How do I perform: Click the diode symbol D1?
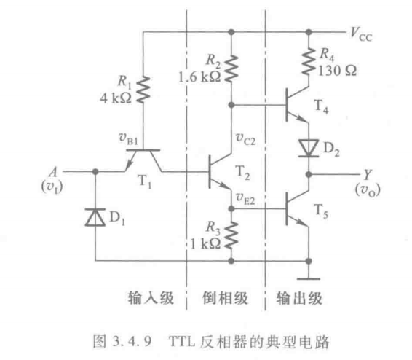click(x=95, y=217)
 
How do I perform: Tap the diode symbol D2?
click(x=309, y=149)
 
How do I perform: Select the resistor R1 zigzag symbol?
click(x=143, y=90)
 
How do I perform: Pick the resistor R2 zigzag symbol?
click(x=231, y=68)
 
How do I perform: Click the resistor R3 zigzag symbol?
click(x=231, y=235)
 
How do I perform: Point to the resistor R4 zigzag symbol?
click(x=309, y=61)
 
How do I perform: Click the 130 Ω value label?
click(x=337, y=71)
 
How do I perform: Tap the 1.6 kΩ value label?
click(x=199, y=77)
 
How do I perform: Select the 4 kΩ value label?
click(x=116, y=98)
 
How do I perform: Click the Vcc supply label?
click(x=361, y=34)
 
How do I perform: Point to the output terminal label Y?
click(x=368, y=174)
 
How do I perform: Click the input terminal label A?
click(x=53, y=172)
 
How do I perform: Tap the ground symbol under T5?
click(x=309, y=278)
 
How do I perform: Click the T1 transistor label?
click(x=145, y=181)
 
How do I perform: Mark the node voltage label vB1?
click(x=129, y=138)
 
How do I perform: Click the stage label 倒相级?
click(x=225, y=298)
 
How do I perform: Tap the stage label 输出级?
click(x=299, y=298)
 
